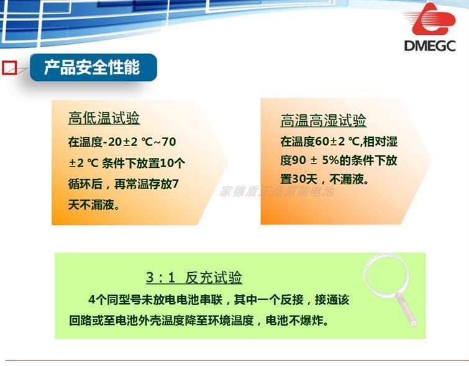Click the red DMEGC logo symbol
(x=434, y=19)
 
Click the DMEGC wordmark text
(x=430, y=46)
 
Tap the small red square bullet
(x=9, y=68)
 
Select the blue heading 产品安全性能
(x=92, y=67)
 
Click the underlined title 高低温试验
(x=104, y=118)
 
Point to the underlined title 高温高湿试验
(x=324, y=121)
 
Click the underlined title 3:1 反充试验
(x=194, y=277)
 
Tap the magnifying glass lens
(x=386, y=275)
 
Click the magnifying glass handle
(x=406, y=309)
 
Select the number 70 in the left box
(x=168, y=142)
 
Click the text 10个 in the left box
(x=173, y=163)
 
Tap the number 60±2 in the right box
(x=330, y=142)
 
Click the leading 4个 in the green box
(x=96, y=300)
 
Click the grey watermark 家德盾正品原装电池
(x=276, y=191)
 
